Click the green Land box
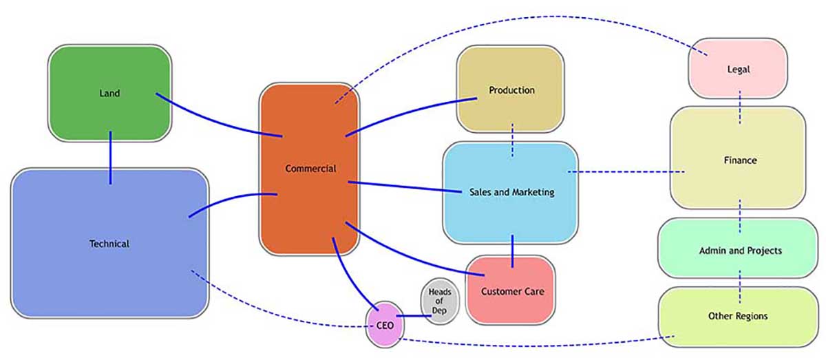coord(109,93)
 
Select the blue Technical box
coord(109,243)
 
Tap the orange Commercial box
coord(310,169)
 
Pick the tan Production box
coord(511,90)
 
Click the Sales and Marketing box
coord(510,193)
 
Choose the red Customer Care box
coord(511,291)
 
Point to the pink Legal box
coord(738,69)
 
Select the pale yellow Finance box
coord(739,160)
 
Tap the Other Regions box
coord(738,316)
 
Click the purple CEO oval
coord(384,325)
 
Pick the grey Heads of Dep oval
coord(440,301)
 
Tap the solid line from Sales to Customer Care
coord(513,249)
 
